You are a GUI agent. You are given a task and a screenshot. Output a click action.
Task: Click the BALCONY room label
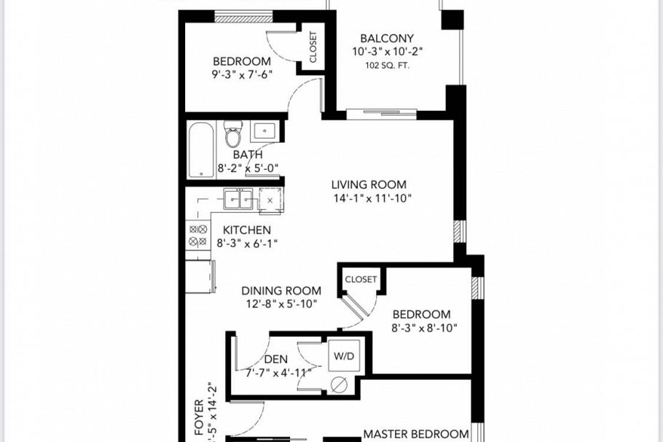(x=387, y=39)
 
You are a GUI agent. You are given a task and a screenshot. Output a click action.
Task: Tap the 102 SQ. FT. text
(x=387, y=65)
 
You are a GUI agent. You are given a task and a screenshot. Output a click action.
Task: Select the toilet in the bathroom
(x=233, y=136)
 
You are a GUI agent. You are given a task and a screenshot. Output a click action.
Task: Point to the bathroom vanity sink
(x=264, y=133)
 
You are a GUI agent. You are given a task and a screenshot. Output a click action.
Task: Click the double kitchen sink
(x=238, y=198)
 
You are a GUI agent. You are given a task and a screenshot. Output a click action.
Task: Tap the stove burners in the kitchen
(x=198, y=236)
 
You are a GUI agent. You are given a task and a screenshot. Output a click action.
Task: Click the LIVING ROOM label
(x=369, y=185)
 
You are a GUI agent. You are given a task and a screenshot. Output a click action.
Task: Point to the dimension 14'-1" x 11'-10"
(x=369, y=198)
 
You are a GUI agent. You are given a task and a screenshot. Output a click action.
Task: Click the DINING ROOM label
(x=281, y=290)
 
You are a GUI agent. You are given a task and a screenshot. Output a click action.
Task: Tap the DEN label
(x=275, y=359)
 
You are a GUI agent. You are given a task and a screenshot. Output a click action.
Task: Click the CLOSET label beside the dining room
(x=361, y=279)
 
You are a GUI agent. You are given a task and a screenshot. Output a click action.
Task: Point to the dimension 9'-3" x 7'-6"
(x=241, y=74)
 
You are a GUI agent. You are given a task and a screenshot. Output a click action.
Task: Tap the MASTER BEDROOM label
(x=415, y=434)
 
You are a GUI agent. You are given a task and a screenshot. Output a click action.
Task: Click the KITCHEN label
(x=247, y=230)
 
